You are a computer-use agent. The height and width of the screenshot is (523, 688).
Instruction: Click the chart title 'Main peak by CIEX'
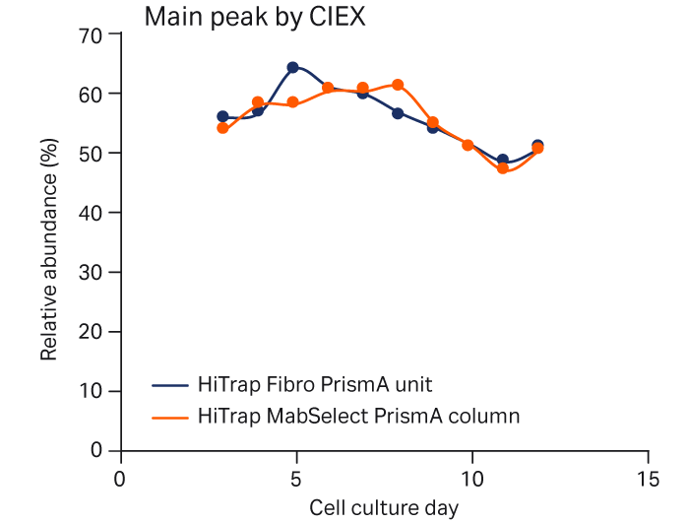point(255,17)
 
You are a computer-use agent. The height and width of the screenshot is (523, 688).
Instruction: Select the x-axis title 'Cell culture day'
point(384,508)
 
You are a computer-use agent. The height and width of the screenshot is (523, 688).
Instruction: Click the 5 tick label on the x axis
point(295,477)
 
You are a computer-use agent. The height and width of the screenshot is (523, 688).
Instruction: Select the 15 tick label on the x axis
point(648,477)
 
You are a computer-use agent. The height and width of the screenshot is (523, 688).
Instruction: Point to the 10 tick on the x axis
point(472,477)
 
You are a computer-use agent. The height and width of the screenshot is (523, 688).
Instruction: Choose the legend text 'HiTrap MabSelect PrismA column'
point(358,416)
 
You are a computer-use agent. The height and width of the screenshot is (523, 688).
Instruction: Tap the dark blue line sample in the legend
point(171,384)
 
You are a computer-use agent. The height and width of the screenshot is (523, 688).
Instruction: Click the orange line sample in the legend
point(171,417)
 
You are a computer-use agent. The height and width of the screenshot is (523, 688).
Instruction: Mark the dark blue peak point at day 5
point(292,68)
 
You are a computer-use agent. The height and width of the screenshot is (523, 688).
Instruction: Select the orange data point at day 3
point(222,128)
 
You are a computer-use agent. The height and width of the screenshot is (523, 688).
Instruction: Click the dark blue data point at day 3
point(222,116)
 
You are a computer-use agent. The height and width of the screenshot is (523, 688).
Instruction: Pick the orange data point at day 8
point(398,85)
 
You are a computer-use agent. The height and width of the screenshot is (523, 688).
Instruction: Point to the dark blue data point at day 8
point(398,113)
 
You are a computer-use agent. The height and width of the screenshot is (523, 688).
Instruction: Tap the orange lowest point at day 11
point(503,168)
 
